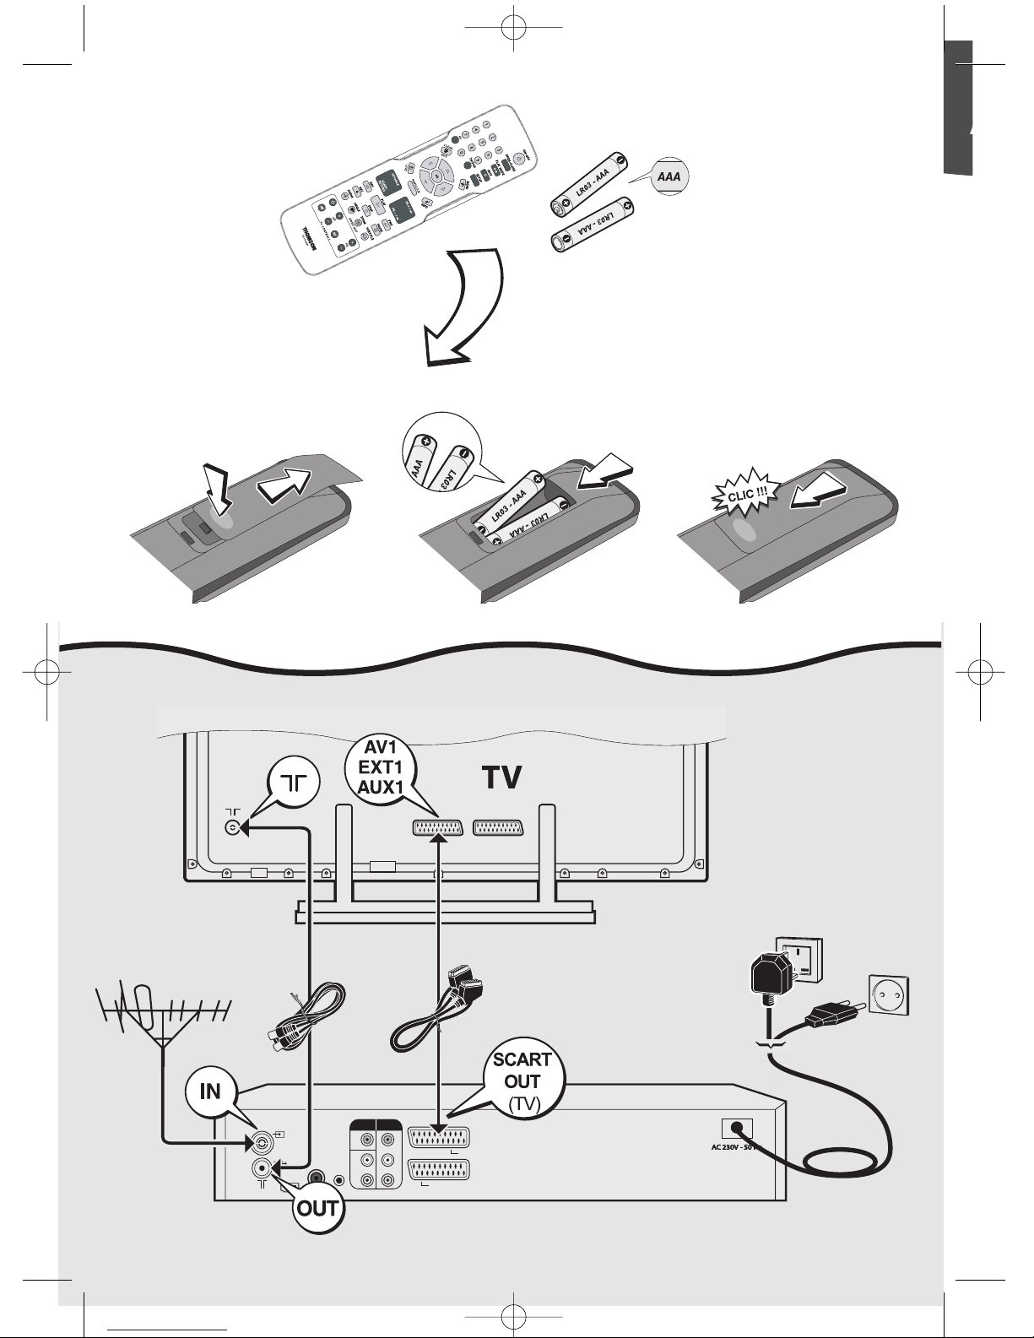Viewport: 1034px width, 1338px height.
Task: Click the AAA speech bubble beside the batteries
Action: (x=669, y=176)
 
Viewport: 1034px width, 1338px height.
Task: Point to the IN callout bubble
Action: (x=210, y=1091)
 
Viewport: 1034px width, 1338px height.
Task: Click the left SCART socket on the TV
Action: (x=438, y=829)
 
